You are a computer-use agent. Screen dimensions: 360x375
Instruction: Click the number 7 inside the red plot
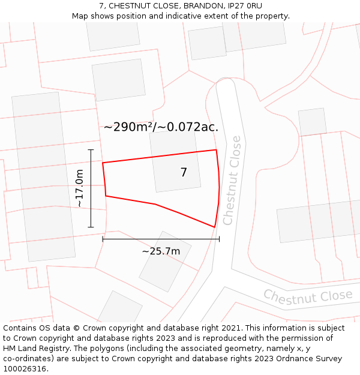184,173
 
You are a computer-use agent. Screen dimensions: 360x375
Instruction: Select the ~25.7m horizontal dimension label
161,251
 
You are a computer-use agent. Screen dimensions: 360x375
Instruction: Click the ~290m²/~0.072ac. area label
161,127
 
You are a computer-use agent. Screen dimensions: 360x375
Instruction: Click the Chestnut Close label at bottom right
308,296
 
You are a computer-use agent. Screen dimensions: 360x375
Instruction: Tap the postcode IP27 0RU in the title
244,6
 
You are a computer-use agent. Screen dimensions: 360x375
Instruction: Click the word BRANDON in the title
203,6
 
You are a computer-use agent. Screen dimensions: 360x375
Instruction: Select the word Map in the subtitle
80,16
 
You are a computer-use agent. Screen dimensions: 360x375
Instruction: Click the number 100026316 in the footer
25,369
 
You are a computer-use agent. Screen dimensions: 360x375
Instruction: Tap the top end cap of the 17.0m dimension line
91,149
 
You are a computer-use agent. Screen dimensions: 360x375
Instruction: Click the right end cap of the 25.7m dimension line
219,239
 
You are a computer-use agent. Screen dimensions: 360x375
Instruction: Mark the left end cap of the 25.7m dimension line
103,239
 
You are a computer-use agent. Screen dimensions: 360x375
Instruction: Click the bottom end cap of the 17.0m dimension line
91,227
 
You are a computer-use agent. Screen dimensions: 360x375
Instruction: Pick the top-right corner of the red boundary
216,150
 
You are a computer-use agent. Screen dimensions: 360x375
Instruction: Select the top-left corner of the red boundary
103,163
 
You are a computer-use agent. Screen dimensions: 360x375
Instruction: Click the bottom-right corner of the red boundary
215,227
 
